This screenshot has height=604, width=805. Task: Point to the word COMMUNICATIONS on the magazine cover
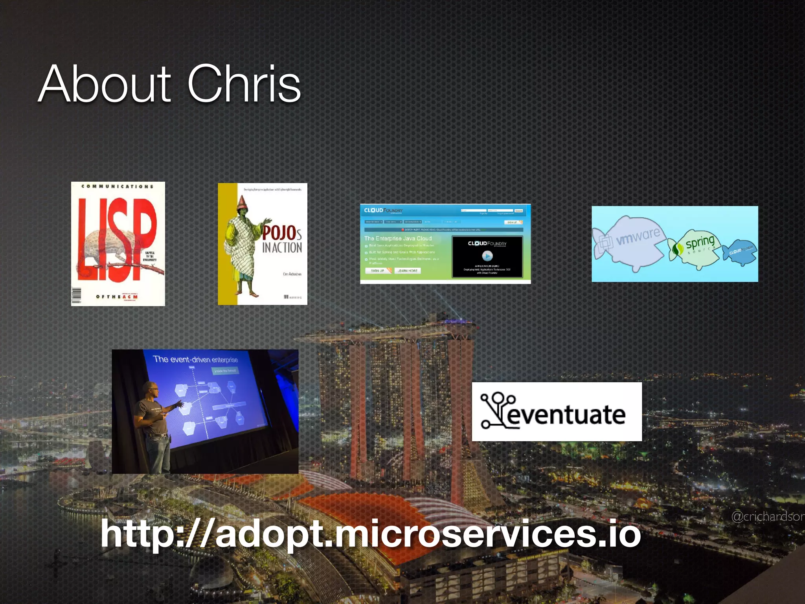coord(117,186)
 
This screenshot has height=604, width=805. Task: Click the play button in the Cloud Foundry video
coord(487,256)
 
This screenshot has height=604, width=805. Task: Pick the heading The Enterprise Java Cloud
coord(398,238)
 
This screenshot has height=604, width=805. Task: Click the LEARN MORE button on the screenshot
coord(407,271)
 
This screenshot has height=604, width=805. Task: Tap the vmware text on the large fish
coord(638,237)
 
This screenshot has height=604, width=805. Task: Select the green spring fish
coord(695,248)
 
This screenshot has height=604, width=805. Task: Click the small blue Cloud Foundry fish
coord(740,252)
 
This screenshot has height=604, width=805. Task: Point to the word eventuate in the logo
coord(566,415)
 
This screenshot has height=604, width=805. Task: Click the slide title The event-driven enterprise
coord(195,359)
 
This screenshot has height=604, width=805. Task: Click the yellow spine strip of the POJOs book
coord(228,244)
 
